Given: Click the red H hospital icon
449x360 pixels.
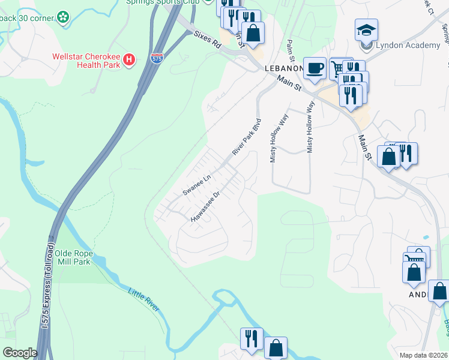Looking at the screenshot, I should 129,59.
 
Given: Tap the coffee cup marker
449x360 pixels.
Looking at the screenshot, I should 314,68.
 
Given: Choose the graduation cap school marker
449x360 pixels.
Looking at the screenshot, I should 366,29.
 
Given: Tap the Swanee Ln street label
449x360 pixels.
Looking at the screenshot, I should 197,185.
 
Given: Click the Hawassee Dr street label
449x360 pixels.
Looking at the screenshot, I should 206,207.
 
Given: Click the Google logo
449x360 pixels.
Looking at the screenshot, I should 20,353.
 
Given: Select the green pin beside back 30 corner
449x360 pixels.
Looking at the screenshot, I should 63,17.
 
